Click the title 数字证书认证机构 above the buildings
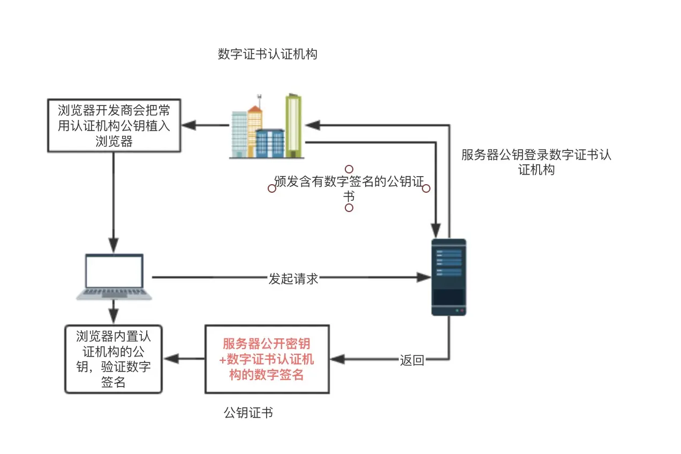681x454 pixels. pos(267,55)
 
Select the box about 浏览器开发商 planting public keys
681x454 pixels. pos(113,126)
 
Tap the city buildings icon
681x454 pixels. pos(266,127)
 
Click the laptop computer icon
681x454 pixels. pos(114,276)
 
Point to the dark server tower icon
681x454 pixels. pos(449,277)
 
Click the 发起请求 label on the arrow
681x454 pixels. pos(293,278)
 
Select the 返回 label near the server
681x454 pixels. pos(412,360)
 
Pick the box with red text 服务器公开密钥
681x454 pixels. pos(267,359)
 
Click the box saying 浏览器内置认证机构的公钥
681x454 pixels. pos(113,359)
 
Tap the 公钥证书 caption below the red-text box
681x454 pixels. pos(248,413)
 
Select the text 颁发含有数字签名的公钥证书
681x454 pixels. pos(349,188)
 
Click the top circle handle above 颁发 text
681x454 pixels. pos(349,169)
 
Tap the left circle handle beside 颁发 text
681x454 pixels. pos(272,188)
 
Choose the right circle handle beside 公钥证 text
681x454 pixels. pos(426,188)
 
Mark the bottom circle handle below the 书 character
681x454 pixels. pos(349,208)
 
